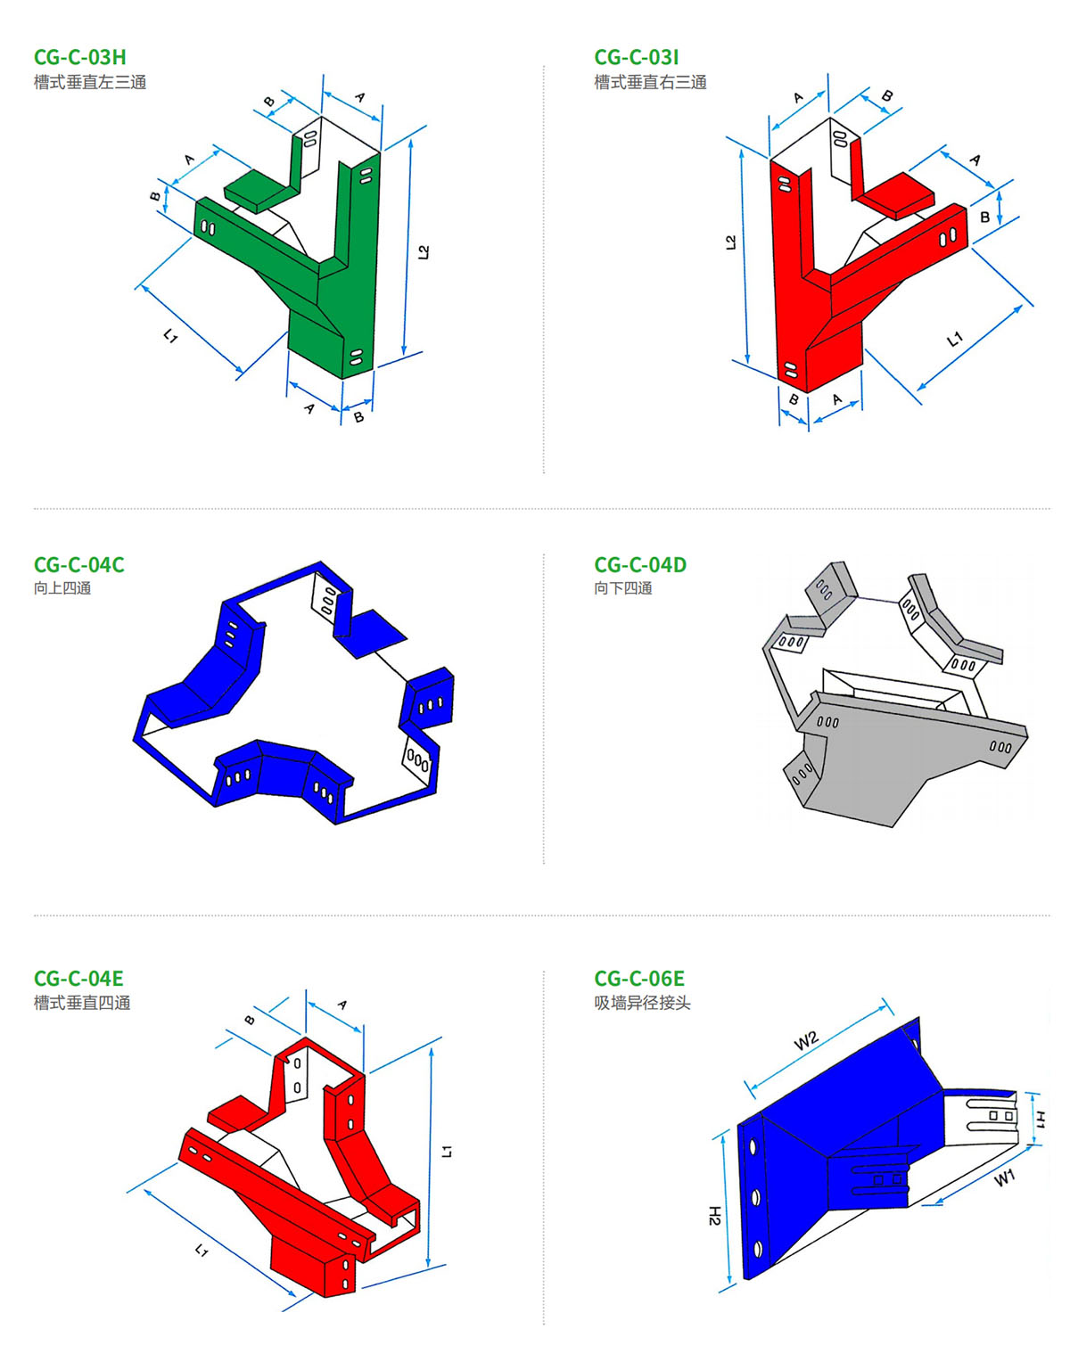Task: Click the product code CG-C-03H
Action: (x=79, y=58)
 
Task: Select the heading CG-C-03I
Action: (x=637, y=58)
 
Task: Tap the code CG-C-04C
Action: (x=79, y=565)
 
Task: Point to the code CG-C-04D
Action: (x=640, y=565)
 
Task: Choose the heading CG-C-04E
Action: (x=78, y=979)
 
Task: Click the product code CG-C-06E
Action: (x=638, y=979)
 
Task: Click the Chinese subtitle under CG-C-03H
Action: (x=90, y=83)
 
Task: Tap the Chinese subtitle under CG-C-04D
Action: (x=623, y=588)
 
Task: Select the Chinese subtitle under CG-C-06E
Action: (x=643, y=1003)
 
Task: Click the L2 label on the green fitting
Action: (x=424, y=252)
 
